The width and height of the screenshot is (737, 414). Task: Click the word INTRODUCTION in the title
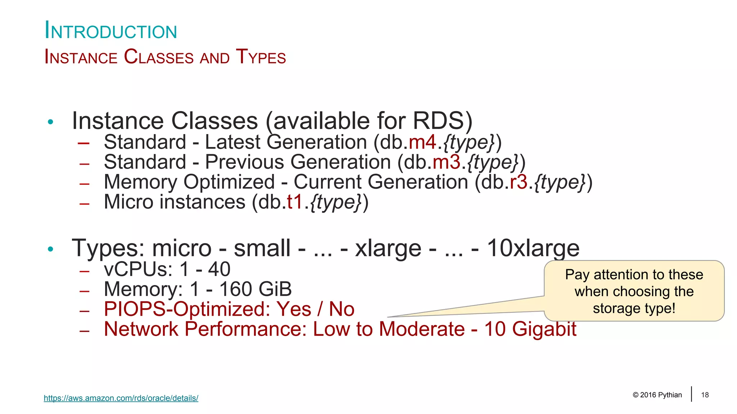tap(111, 31)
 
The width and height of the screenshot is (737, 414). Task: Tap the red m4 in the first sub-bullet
tap(422, 142)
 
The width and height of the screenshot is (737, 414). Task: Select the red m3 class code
tap(446, 162)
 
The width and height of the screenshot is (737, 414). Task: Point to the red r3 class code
tap(519, 182)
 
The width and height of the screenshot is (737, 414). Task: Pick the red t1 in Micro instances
tap(295, 202)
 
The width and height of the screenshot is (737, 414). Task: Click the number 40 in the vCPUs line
tap(219, 270)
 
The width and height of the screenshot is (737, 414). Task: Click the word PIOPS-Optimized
tap(187, 309)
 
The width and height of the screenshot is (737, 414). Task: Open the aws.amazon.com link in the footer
tap(121, 398)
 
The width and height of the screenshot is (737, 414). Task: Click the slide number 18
tap(705, 395)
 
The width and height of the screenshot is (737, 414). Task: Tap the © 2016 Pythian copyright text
tap(657, 395)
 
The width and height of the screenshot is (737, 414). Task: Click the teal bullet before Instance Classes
tap(50, 122)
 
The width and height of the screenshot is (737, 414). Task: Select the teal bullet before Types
tap(50, 249)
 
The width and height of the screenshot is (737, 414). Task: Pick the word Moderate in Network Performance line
tap(422, 329)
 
